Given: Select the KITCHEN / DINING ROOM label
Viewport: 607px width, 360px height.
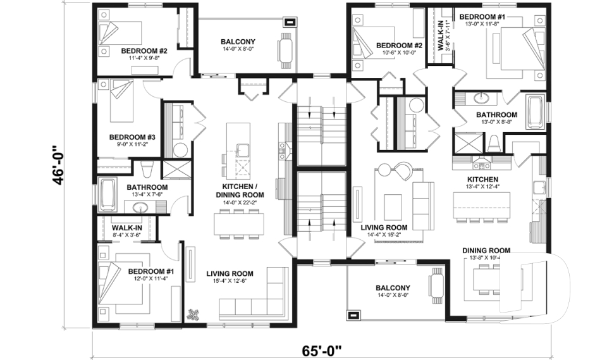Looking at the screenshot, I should click(243, 191).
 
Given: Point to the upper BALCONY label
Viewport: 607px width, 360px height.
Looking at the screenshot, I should click(238, 42).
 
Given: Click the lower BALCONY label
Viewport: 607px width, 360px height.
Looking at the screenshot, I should click(393, 288).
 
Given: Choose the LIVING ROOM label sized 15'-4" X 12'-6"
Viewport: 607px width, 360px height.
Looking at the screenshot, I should click(230, 274).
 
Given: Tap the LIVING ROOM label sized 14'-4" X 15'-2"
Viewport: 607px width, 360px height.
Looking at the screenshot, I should click(384, 228).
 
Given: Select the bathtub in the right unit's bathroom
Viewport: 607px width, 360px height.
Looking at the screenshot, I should click(535, 112).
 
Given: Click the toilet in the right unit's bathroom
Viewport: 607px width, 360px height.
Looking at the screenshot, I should click(494, 145).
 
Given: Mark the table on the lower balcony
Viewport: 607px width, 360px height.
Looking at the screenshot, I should click(436, 286).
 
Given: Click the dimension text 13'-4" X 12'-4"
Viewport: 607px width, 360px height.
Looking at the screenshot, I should click(483, 186).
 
